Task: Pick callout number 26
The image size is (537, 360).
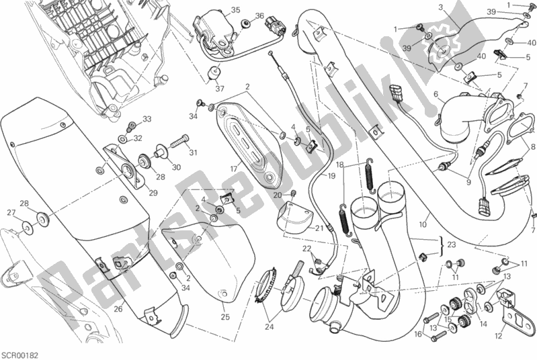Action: [118, 309]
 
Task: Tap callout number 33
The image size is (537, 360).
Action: [147, 120]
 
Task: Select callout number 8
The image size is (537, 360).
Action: [532, 146]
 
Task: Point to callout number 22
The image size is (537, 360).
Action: [305, 249]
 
